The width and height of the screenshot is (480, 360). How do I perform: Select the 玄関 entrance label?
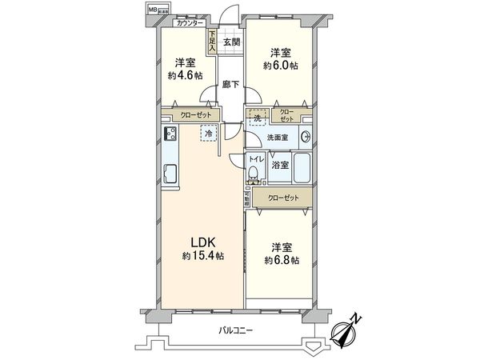coord(231,42)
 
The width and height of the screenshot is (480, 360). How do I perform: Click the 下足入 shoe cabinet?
coord(211,42)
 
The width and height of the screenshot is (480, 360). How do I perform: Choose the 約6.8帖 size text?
coord(284,261)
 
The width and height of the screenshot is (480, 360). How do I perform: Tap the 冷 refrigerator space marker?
coord(209,134)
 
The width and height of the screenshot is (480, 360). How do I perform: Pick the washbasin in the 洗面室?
coord(305,136)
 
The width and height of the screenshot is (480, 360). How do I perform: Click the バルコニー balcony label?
coord(239,330)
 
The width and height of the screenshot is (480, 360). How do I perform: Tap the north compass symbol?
coord(350,330)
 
